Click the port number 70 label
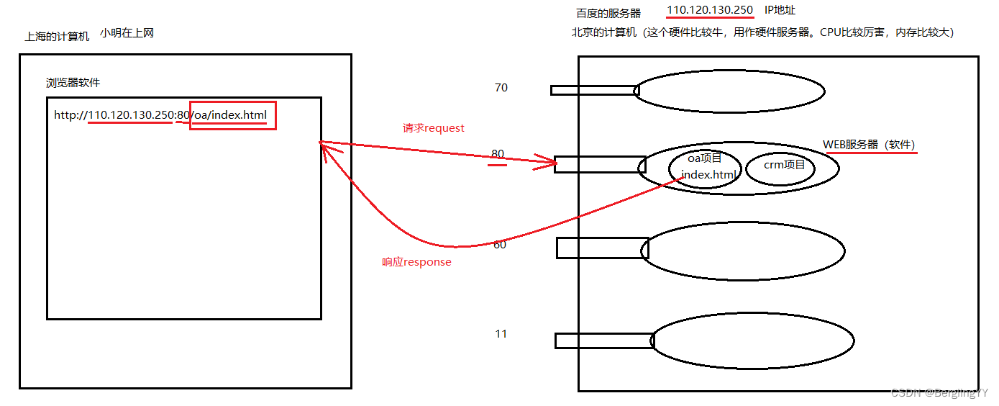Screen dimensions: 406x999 501,88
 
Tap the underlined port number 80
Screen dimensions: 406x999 498,154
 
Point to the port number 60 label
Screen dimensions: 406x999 499,245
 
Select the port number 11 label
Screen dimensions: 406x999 501,334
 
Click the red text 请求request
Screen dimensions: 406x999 434,128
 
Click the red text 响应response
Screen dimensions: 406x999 416,262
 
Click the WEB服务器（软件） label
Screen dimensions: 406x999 869,144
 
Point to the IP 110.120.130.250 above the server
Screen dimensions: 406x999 710,10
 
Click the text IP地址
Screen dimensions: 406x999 780,10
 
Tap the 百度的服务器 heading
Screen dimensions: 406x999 608,13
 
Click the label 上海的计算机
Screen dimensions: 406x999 58,36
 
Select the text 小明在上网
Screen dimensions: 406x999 127,33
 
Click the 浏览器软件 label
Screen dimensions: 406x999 73,83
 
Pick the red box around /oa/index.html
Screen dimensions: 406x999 233,115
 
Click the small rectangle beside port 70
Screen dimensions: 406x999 594,90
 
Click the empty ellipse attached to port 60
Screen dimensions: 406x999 742,251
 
